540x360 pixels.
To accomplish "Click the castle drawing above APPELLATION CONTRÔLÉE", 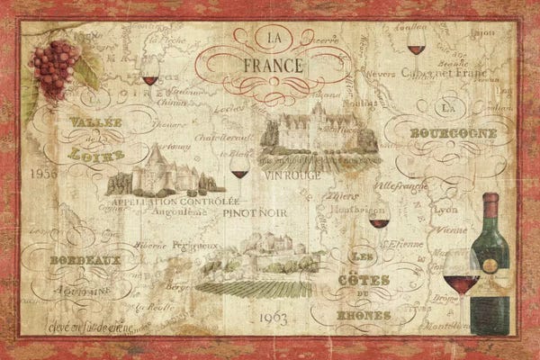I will (165, 171).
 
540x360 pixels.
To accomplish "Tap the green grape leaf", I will (89, 68).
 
